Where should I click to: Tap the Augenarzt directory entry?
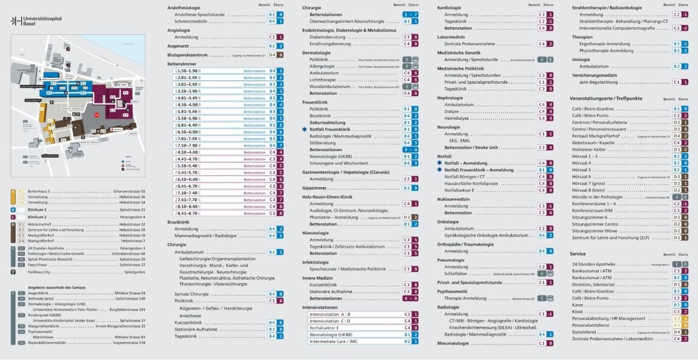coord(179,45)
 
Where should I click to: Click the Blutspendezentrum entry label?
coord(187,55)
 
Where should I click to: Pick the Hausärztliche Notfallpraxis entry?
coord(471,183)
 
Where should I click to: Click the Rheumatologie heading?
coord(453,343)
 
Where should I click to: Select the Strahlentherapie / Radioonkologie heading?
coord(607,8)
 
